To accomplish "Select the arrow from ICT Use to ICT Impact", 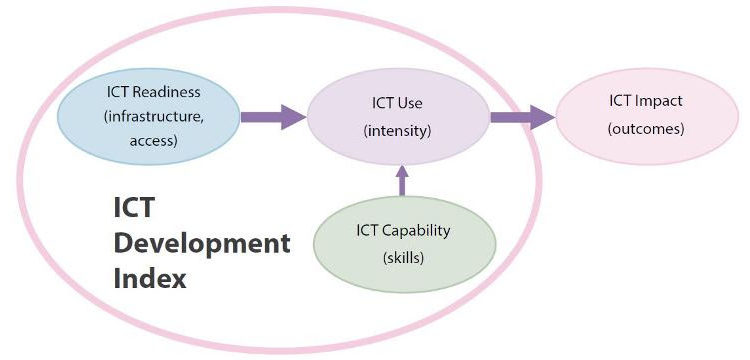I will pyautogui.click(x=521, y=116).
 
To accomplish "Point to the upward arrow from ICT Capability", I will pyautogui.click(x=402, y=180).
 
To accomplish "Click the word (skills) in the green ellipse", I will pyautogui.click(x=403, y=257).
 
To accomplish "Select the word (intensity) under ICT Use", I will pyautogui.click(x=397, y=129).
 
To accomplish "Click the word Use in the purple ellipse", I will pyautogui.click(x=411, y=102).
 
